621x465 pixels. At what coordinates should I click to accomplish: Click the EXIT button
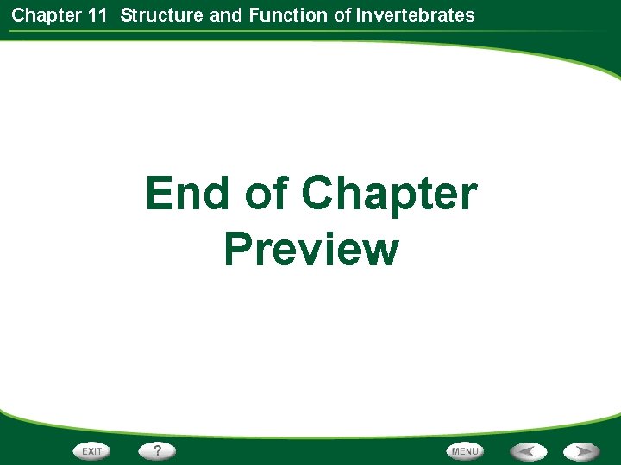92,450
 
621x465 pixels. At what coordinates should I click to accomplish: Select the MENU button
465,450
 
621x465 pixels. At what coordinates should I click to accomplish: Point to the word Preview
311,249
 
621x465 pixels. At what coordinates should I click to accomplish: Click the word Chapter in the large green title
389,195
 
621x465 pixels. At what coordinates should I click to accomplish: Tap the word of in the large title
267,193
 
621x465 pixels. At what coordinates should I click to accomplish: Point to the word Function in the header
283,15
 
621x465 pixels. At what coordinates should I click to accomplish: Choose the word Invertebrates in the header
417,15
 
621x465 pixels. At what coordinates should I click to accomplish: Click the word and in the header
226,15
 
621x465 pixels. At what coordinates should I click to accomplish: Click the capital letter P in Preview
239,249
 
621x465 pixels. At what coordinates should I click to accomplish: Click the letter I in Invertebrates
360,15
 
